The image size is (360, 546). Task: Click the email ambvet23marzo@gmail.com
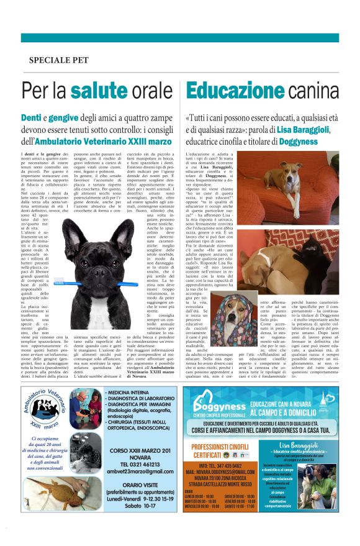click(x=140, y=470)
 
